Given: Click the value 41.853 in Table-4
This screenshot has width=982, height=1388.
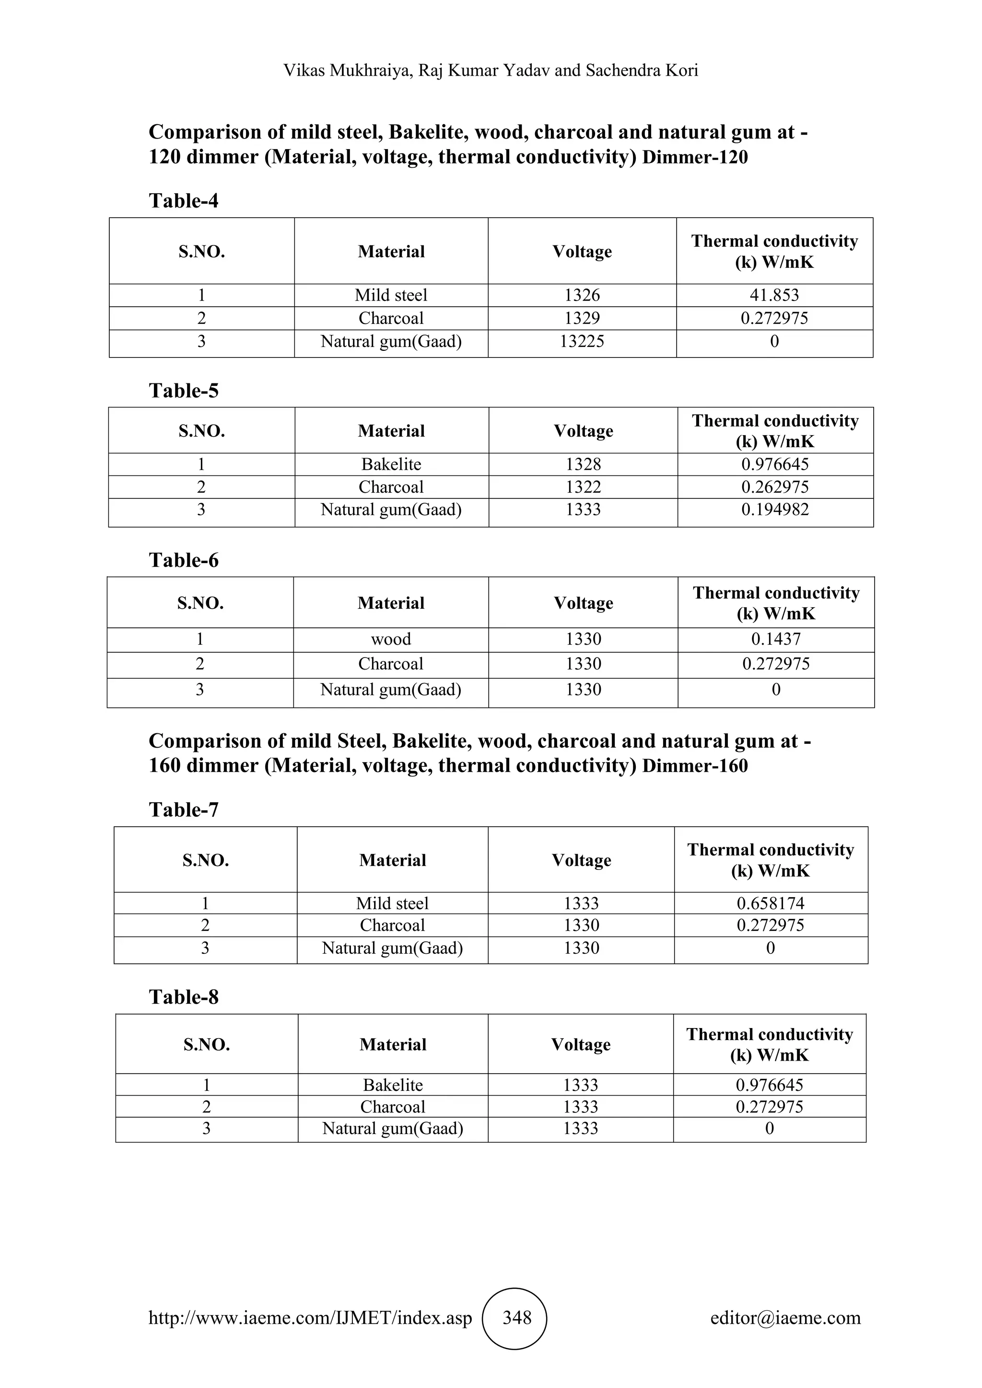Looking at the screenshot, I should point(774,295).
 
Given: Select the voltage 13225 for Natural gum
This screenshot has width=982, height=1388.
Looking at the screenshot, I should point(582,342).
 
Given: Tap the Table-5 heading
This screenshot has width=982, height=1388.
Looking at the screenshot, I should point(184,391).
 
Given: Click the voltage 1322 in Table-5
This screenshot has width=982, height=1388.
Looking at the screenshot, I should point(583,487).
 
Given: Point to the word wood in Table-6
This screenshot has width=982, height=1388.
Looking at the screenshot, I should point(391,639).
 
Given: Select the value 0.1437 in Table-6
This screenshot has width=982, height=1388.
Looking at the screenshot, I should point(776,639).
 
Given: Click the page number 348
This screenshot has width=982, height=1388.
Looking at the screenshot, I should point(517,1317).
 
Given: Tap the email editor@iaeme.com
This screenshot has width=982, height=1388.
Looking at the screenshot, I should point(785,1317).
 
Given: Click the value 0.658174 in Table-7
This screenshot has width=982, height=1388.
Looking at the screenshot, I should point(771,903).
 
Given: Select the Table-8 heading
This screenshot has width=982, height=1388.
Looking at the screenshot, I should point(184,997).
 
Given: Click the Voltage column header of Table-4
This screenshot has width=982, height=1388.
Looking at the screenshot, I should point(582,252).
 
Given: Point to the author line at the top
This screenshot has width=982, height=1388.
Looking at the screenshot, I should point(491,71).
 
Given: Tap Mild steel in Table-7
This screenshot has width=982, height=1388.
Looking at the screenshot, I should point(392,903).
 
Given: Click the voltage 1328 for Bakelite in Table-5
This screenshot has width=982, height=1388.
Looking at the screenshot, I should point(583,464).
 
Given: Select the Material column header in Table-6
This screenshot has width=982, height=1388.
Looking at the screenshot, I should point(391,603).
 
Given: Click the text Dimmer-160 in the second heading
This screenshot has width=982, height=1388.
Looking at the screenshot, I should point(695,766).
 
